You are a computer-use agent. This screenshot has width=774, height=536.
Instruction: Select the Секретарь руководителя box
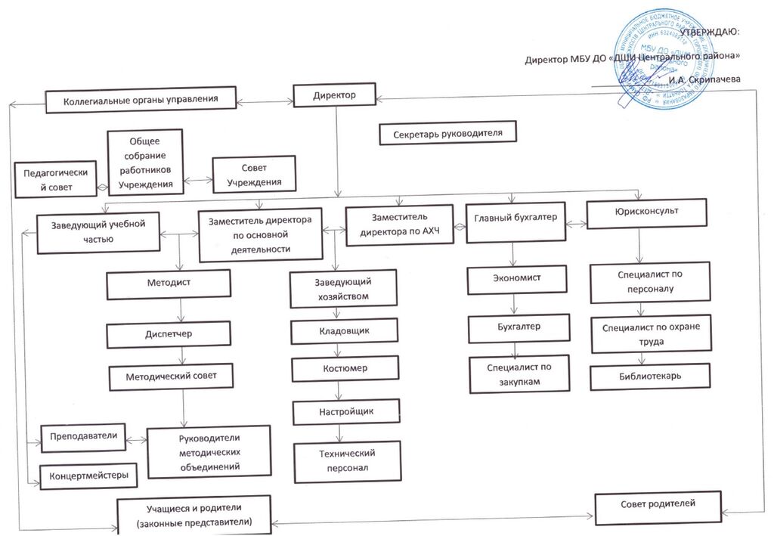point(448,133)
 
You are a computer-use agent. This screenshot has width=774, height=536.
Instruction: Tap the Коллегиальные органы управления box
point(141,99)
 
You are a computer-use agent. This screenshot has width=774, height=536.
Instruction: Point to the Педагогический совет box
point(57,178)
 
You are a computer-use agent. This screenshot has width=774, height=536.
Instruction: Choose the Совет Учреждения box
point(255,175)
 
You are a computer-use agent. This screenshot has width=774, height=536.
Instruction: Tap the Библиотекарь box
point(650,374)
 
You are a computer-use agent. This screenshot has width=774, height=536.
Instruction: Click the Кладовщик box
point(345,330)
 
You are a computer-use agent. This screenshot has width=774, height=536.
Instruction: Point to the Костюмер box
point(345,368)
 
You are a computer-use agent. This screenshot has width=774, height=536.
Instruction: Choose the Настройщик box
point(345,412)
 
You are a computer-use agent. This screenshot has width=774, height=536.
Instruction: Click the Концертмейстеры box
point(88,476)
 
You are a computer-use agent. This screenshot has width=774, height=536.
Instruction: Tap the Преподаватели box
point(82,437)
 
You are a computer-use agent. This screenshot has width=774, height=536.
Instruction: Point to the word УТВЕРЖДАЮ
point(711,33)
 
